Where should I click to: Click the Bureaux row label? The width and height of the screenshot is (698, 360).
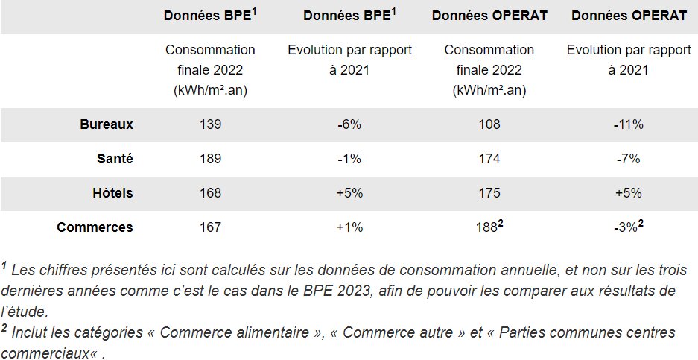(107, 124)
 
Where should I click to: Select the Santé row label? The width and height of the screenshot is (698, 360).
(115, 159)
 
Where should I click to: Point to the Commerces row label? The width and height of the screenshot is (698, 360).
(95, 227)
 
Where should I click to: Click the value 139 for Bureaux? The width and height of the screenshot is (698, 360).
(210, 124)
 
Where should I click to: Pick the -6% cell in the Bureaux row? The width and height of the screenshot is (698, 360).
(349, 124)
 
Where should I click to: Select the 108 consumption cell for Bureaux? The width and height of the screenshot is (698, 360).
(489, 124)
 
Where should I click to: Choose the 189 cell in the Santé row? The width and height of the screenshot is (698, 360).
(210, 159)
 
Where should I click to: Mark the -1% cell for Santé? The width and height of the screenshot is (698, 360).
(349, 159)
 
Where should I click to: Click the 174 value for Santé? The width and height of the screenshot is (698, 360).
(489, 159)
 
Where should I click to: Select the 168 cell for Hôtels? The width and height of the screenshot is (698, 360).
(210, 193)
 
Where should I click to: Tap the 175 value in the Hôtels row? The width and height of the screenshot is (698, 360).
(489, 193)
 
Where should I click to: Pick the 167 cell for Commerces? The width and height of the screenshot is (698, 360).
(210, 227)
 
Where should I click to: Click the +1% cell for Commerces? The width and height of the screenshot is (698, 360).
(349, 227)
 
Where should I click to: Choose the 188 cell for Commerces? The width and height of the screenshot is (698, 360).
(489, 227)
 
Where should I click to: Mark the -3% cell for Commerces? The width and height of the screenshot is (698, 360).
(626, 227)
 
